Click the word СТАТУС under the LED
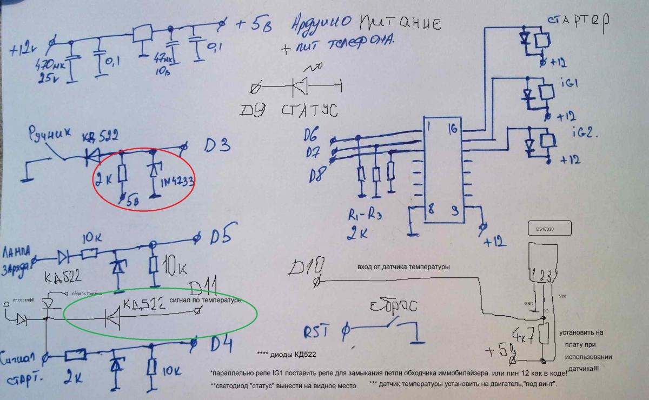pyautogui.click(x=309, y=110)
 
